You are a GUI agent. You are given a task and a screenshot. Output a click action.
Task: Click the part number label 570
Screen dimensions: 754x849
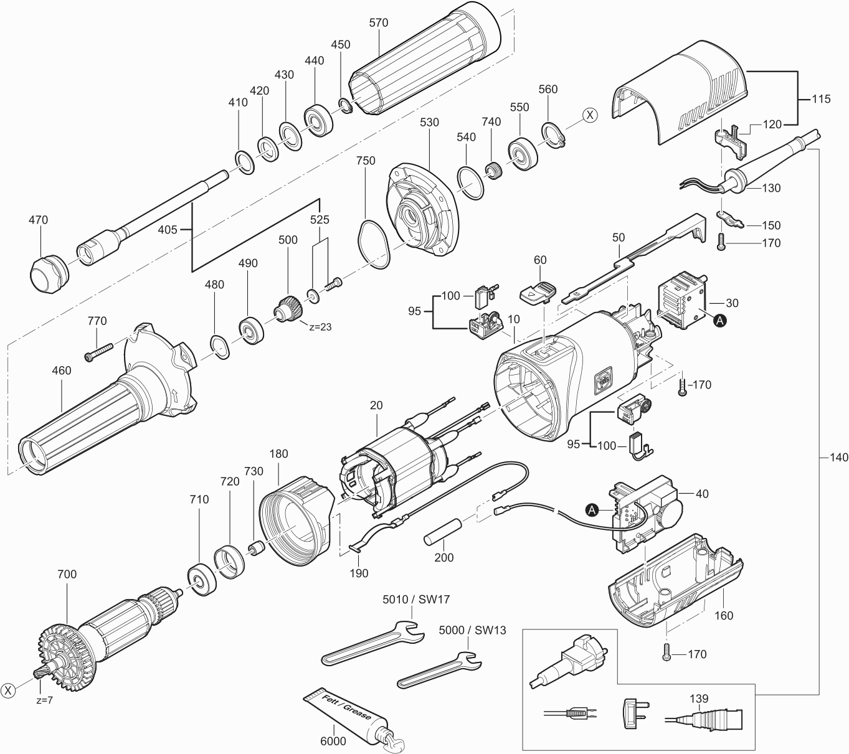click(378, 23)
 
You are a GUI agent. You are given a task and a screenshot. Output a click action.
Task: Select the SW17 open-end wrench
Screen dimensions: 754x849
click(374, 648)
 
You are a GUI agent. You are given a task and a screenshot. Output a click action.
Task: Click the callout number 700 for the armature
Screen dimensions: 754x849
click(67, 574)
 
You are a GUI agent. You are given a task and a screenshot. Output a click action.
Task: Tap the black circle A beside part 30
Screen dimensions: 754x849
click(719, 321)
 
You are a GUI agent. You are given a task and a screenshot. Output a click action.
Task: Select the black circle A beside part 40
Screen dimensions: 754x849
click(592, 510)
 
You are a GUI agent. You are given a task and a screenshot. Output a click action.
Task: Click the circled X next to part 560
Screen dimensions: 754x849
click(589, 115)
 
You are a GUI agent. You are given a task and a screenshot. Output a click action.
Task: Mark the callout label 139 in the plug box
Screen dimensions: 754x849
click(699, 699)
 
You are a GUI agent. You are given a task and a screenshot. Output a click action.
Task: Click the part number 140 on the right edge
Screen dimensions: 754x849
click(839, 458)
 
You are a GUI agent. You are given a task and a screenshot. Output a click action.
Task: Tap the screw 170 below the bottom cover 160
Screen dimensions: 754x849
click(667, 653)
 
